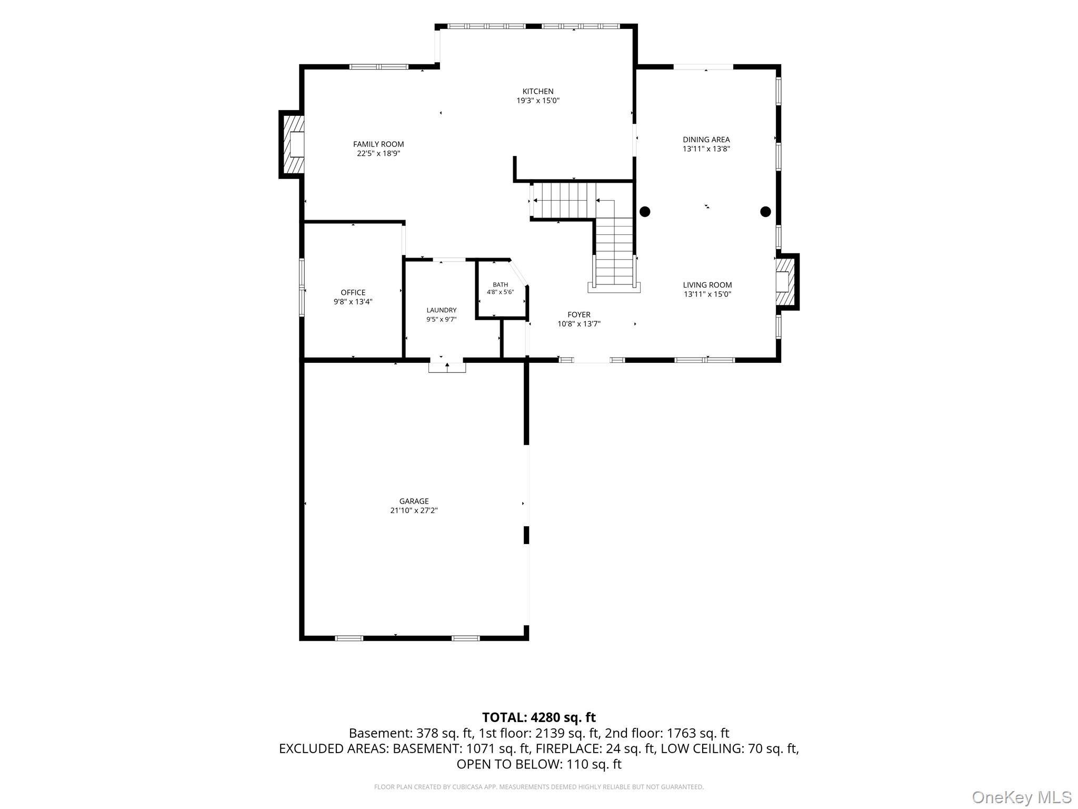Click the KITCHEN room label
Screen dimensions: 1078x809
(x=537, y=91)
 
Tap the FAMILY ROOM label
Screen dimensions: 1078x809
(x=378, y=144)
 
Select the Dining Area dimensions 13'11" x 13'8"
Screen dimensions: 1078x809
(x=706, y=149)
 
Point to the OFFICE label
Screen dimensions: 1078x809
(x=353, y=292)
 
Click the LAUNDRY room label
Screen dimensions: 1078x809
(x=441, y=310)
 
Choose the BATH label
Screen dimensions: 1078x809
(x=500, y=284)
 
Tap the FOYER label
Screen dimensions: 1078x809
(x=579, y=314)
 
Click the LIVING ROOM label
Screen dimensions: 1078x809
(x=707, y=285)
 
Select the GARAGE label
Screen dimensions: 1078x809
(x=414, y=501)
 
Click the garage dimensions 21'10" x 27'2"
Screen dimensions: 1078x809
(x=414, y=510)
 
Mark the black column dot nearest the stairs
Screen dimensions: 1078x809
(x=645, y=212)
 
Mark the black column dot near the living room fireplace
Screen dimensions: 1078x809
(x=765, y=212)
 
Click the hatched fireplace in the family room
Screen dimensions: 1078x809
(x=292, y=144)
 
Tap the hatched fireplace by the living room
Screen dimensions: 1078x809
(x=787, y=282)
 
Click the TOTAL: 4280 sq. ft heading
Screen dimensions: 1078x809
(x=539, y=717)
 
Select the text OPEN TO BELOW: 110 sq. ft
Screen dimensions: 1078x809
(x=539, y=764)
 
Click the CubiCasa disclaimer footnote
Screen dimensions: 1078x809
(x=539, y=787)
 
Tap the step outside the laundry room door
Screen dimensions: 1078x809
(x=447, y=367)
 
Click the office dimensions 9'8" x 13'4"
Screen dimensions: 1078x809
(x=353, y=302)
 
